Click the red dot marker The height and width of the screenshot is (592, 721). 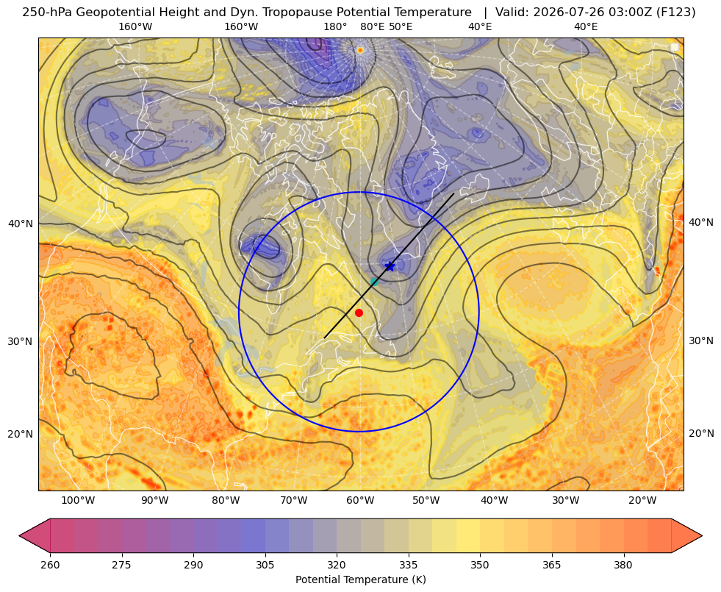359,313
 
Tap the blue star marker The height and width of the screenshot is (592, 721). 390,266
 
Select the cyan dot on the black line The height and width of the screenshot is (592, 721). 374,282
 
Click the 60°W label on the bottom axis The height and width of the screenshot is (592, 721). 359,501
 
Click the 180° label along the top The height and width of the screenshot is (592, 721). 335,26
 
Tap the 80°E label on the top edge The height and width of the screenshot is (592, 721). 372,26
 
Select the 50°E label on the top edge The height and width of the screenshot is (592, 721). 401,26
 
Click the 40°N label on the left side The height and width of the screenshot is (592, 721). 21,224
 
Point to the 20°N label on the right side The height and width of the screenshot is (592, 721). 701,433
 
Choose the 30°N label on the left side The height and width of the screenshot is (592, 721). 21,341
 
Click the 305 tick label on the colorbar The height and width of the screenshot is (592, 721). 265,565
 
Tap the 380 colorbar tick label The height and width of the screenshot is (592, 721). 623,565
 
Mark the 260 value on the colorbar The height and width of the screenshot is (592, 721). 50,565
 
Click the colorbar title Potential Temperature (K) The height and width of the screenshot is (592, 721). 360,579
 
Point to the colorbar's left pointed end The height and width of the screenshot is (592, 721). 20,535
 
